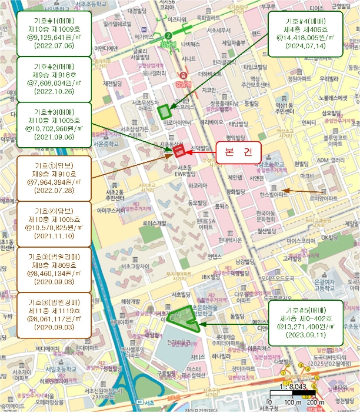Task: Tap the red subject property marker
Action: click(180, 149)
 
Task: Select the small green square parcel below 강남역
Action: click(165, 110)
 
